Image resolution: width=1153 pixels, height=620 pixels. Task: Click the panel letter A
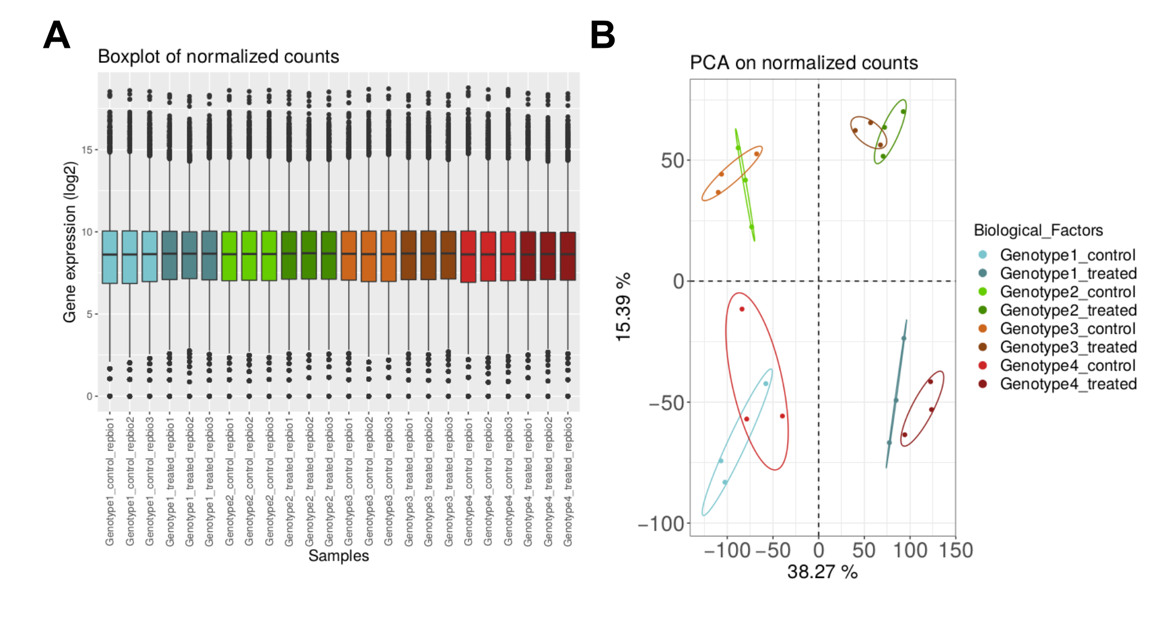[x=56, y=35]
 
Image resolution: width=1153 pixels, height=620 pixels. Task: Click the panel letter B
[x=602, y=35]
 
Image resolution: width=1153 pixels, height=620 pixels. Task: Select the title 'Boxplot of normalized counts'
[x=218, y=56]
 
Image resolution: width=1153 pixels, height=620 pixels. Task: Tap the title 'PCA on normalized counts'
[x=804, y=63]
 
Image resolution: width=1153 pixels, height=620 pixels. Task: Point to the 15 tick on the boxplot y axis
[x=86, y=150]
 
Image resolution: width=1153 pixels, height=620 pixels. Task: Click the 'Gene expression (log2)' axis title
[x=70, y=242]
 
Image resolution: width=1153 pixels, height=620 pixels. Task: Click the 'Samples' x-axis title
[x=338, y=556]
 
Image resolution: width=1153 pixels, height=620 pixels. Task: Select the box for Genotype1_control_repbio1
[x=110, y=257]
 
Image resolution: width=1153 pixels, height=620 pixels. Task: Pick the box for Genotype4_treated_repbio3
[x=568, y=256]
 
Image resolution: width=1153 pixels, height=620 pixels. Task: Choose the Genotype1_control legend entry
[x=1067, y=255]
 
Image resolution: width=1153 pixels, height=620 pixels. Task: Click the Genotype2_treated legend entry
[x=1068, y=310]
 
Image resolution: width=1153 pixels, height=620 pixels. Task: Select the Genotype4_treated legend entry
[x=1068, y=384]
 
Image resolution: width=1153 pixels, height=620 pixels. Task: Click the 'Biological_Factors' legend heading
[x=1038, y=230]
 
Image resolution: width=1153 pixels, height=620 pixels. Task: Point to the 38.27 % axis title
[x=822, y=572]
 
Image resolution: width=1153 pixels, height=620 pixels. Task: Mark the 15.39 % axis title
[x=623, y=307]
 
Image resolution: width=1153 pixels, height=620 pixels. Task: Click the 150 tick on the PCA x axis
[x=956, y=550]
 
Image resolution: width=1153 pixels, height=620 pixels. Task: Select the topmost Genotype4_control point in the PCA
[x=742, y=309]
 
